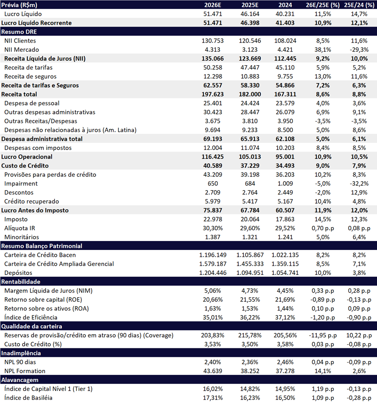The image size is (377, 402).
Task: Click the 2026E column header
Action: point(212,5)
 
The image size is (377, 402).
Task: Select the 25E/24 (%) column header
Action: point(359,5)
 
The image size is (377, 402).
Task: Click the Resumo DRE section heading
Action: point(19,32)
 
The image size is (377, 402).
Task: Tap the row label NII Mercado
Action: point(22,50)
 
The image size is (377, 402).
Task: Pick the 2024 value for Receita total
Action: point(285,94)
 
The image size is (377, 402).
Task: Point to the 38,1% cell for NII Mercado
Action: point(323,50)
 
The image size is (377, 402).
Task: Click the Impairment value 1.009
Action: point(285,184)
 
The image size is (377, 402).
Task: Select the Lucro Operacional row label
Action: point(27,157)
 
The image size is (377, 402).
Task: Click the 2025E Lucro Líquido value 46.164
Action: point(250,14)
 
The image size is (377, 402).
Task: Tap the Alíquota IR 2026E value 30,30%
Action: point(212,228)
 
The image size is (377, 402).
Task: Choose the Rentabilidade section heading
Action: point(21,282)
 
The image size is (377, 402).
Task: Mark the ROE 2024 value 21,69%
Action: point(285,300)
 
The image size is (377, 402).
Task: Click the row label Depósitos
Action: point(18,273)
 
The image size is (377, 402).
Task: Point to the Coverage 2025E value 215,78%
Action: point(250,335)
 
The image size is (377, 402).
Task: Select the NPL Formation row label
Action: point(25,371)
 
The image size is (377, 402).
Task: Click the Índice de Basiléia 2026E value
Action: point(212,397)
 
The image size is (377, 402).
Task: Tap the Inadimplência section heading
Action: point(21,353)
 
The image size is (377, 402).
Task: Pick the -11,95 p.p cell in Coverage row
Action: point(323,335)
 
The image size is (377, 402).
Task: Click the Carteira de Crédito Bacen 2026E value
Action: point(212,255)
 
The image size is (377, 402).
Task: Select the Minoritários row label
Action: point(22,237)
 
